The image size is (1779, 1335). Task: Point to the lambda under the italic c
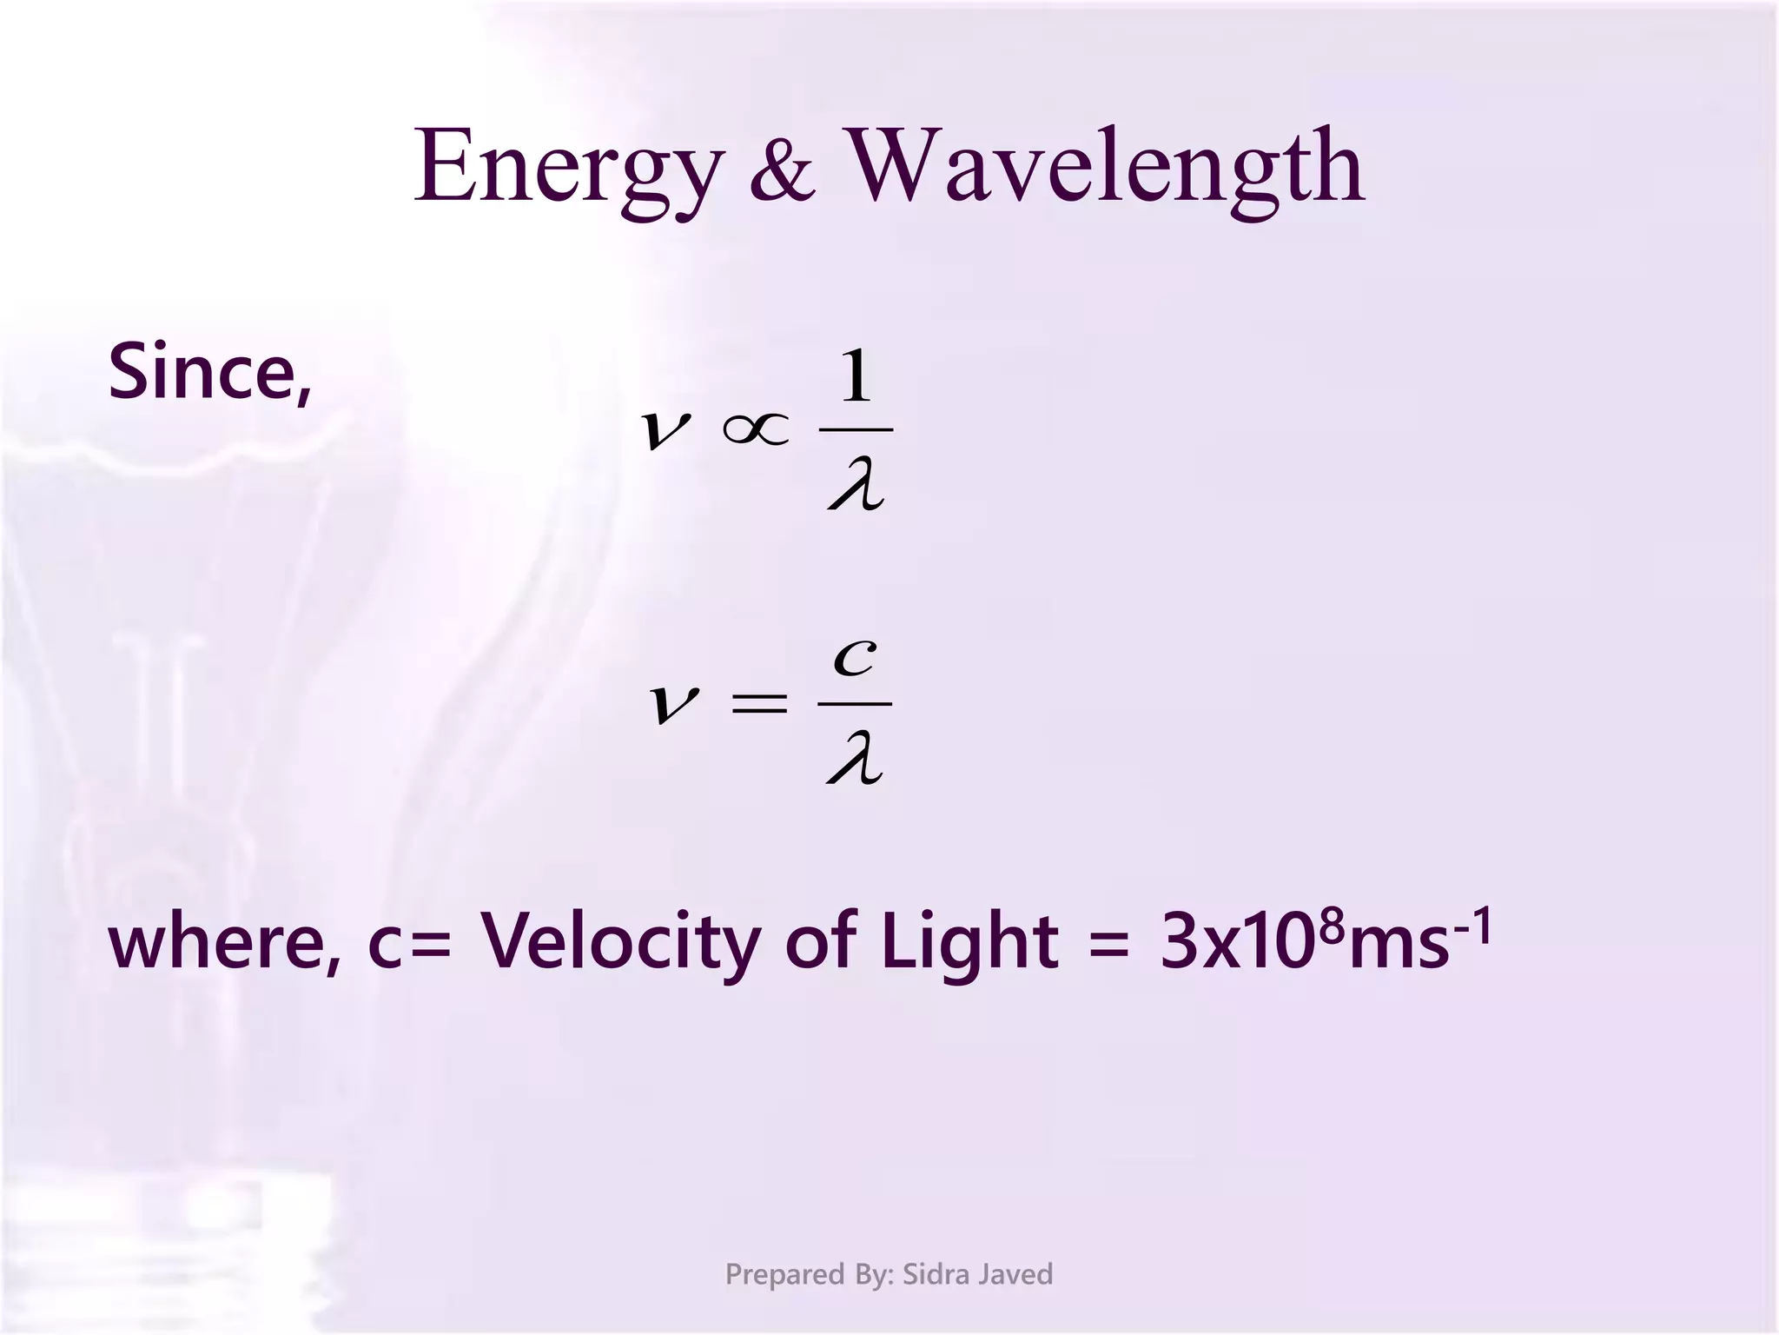point(856,759)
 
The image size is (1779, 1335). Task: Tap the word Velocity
point(620,943)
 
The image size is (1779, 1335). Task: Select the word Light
point(969,943)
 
